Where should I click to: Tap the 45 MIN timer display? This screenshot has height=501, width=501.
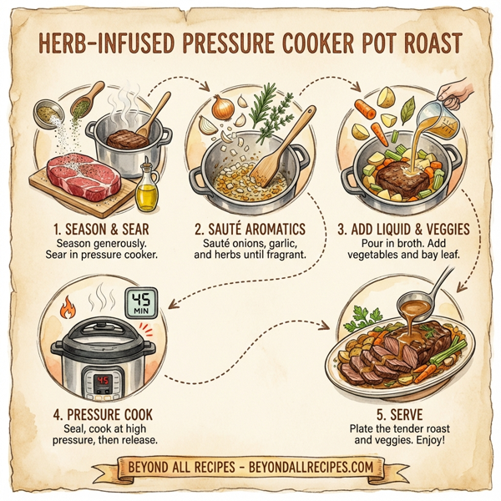tap(144, 302)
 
